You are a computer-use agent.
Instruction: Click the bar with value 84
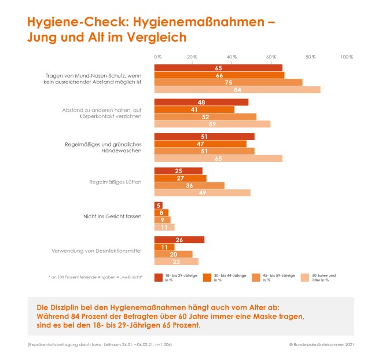[237, 90]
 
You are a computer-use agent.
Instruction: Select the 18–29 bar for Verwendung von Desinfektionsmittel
[179, 240]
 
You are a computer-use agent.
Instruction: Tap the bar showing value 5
[157, 205]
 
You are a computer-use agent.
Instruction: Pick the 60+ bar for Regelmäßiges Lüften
[202, 193]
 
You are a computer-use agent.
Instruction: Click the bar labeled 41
[194, 109]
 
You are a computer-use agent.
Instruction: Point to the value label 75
[229, 82]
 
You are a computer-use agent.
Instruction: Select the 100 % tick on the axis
[347, 57]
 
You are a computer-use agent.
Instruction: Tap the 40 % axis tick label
[232, 57]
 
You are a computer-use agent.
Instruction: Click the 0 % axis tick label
[157, 57]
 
